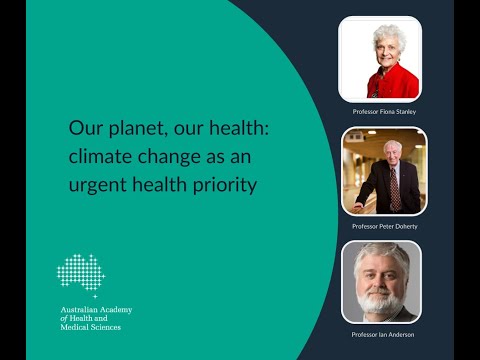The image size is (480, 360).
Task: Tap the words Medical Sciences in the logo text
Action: [x=91, y=327]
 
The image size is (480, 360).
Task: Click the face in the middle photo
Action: [x=389, y=154]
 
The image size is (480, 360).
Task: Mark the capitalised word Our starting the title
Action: [x=81, y=129]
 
